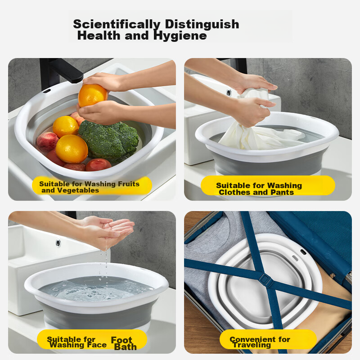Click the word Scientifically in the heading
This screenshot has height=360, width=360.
coord(117,25)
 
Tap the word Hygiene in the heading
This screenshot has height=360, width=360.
coord(180,36)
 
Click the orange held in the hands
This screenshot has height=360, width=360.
coord(93,95)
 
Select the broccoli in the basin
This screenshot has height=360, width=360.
coord(109,138)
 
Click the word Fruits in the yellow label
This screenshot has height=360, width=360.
coord(129,184)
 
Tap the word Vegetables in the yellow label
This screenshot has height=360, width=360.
coord(78,190)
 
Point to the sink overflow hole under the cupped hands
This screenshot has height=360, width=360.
coord(58,243)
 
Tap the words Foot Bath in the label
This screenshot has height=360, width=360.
coord(124,343)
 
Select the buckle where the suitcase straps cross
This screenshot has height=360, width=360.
coord(265,279)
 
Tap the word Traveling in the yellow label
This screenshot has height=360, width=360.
coord(252,345)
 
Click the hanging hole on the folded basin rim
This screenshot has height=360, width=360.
coord(303,252)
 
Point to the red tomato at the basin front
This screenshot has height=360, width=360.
coord(98,165)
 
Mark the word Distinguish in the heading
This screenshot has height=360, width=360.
coord(202,25)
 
